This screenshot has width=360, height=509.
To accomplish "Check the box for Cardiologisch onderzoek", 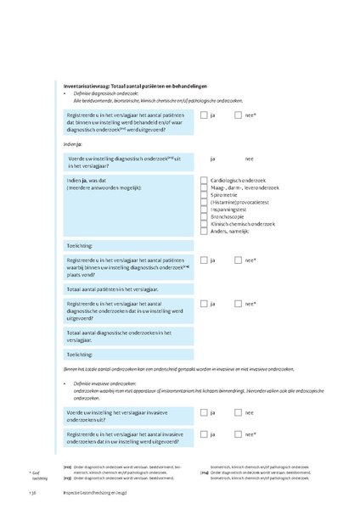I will pos(204,181).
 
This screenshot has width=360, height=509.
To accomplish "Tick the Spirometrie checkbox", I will pos(204,195).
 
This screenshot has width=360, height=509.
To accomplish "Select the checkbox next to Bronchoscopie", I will pos(204,216).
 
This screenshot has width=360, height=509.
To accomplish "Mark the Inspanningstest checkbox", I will pos(204,210).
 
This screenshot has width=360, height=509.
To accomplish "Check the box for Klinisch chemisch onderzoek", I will pos(204,224).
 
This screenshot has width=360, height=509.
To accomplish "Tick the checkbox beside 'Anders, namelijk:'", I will pos(204,231).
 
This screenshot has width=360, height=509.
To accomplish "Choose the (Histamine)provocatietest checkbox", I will pos(204,202).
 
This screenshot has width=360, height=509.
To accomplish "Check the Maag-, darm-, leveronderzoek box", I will pos(204,187).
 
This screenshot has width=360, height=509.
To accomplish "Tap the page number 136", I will pos(33,491).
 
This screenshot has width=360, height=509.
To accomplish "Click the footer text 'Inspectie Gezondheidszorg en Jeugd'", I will pos(93,491).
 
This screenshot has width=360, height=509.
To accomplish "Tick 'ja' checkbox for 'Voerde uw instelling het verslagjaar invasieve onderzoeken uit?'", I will pos(205,412).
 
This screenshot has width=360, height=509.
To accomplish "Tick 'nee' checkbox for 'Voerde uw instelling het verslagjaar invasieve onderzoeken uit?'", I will pos(238,412).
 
